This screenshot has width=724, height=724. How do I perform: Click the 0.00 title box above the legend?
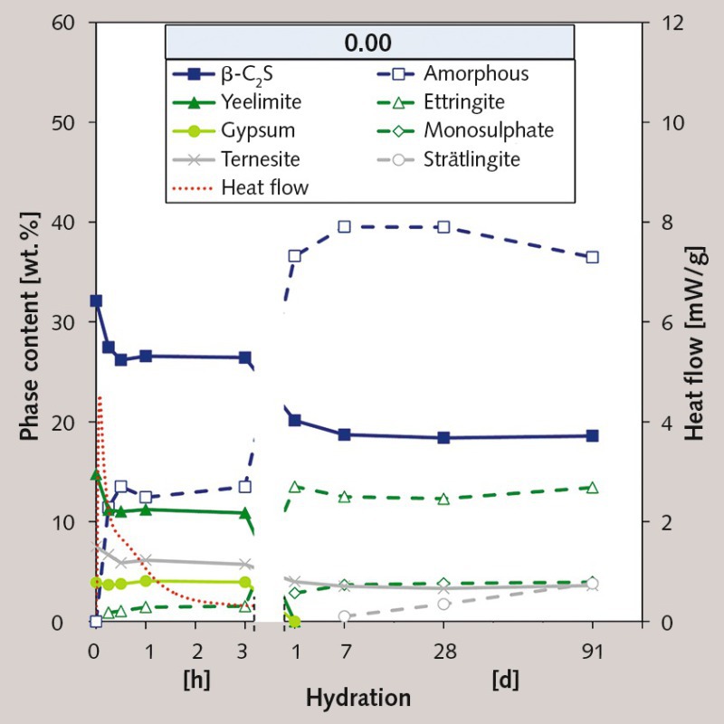tap(368, 43)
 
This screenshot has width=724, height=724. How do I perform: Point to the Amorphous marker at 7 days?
tap(344, 226)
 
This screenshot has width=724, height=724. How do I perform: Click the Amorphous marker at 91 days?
tap(592, 257)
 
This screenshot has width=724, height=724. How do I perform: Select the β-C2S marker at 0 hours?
tap(96, 300)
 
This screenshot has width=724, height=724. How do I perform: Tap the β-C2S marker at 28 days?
tap(443, 437)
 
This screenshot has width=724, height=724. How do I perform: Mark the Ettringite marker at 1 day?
tap(294, 487)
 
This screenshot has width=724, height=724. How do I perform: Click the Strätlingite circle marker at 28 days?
tap(443, 604)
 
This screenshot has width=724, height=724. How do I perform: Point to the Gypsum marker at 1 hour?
tap(146, 581)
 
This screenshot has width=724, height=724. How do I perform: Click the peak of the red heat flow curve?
tap(99, 396)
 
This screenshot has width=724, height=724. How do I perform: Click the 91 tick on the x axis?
tap(592, 650)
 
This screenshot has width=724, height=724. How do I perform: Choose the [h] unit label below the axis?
tap(196, 679)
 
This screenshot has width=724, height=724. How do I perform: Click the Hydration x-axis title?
tap(357, 699)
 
